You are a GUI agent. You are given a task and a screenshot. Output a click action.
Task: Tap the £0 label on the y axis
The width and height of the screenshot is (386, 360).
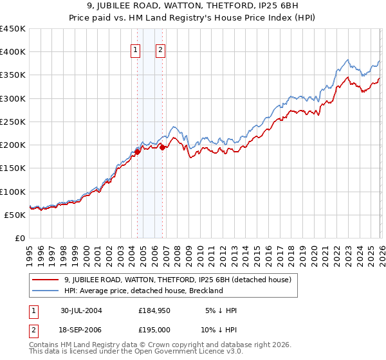[x=19, y=238]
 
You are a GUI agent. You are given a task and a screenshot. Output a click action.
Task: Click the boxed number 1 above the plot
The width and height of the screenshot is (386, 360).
[x=136, y=51]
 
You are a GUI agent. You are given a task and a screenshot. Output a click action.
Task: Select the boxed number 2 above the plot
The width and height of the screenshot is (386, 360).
[x=161, y=51]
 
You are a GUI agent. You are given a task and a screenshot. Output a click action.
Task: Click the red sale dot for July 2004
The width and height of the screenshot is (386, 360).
[x=138, y=152]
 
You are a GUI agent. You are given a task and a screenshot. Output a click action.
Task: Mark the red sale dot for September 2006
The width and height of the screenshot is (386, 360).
[x=162, y=147]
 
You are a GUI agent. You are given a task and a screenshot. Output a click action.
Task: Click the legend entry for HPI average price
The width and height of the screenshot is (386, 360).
[x=143, y=291]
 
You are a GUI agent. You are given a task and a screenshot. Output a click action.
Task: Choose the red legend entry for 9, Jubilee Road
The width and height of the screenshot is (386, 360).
[x=178, y=280]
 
